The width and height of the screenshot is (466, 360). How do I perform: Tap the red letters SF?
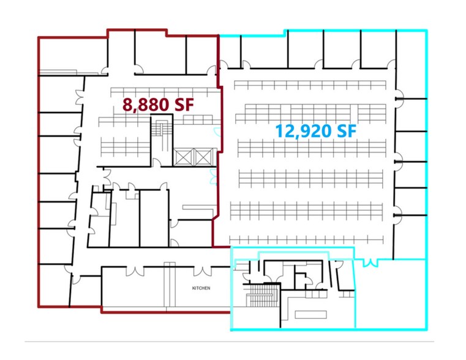click(181, 105)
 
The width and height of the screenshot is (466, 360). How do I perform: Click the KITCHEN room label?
click(201, 287)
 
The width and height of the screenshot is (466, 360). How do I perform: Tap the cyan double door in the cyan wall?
click(369, 263)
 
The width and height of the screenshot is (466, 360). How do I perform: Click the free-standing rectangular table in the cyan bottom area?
click(311, 315)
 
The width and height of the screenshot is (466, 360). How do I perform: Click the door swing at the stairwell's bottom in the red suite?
click(157, 162)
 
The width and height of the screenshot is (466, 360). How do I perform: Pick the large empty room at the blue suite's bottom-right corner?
click(390, 294)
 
